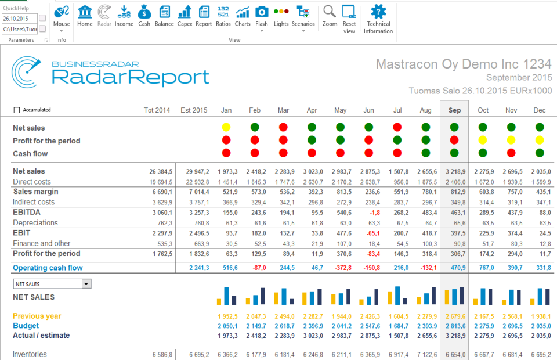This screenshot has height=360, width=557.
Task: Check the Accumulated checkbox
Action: [16, 110]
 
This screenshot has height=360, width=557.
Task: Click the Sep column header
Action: [454, 110]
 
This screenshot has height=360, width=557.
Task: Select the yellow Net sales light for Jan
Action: [226, 127]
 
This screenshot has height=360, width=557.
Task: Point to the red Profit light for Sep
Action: [454, 140]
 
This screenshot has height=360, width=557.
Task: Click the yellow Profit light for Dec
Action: [540, 140]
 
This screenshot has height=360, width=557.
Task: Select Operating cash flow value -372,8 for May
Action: [343, 268]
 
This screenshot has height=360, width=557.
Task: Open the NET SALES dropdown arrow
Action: [86, 284]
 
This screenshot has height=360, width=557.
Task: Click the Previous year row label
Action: [37, 316]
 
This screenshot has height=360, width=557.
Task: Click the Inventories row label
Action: [30, 354]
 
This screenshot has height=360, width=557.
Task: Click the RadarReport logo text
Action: [130, 77]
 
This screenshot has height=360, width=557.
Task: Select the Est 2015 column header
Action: [193, 110]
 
